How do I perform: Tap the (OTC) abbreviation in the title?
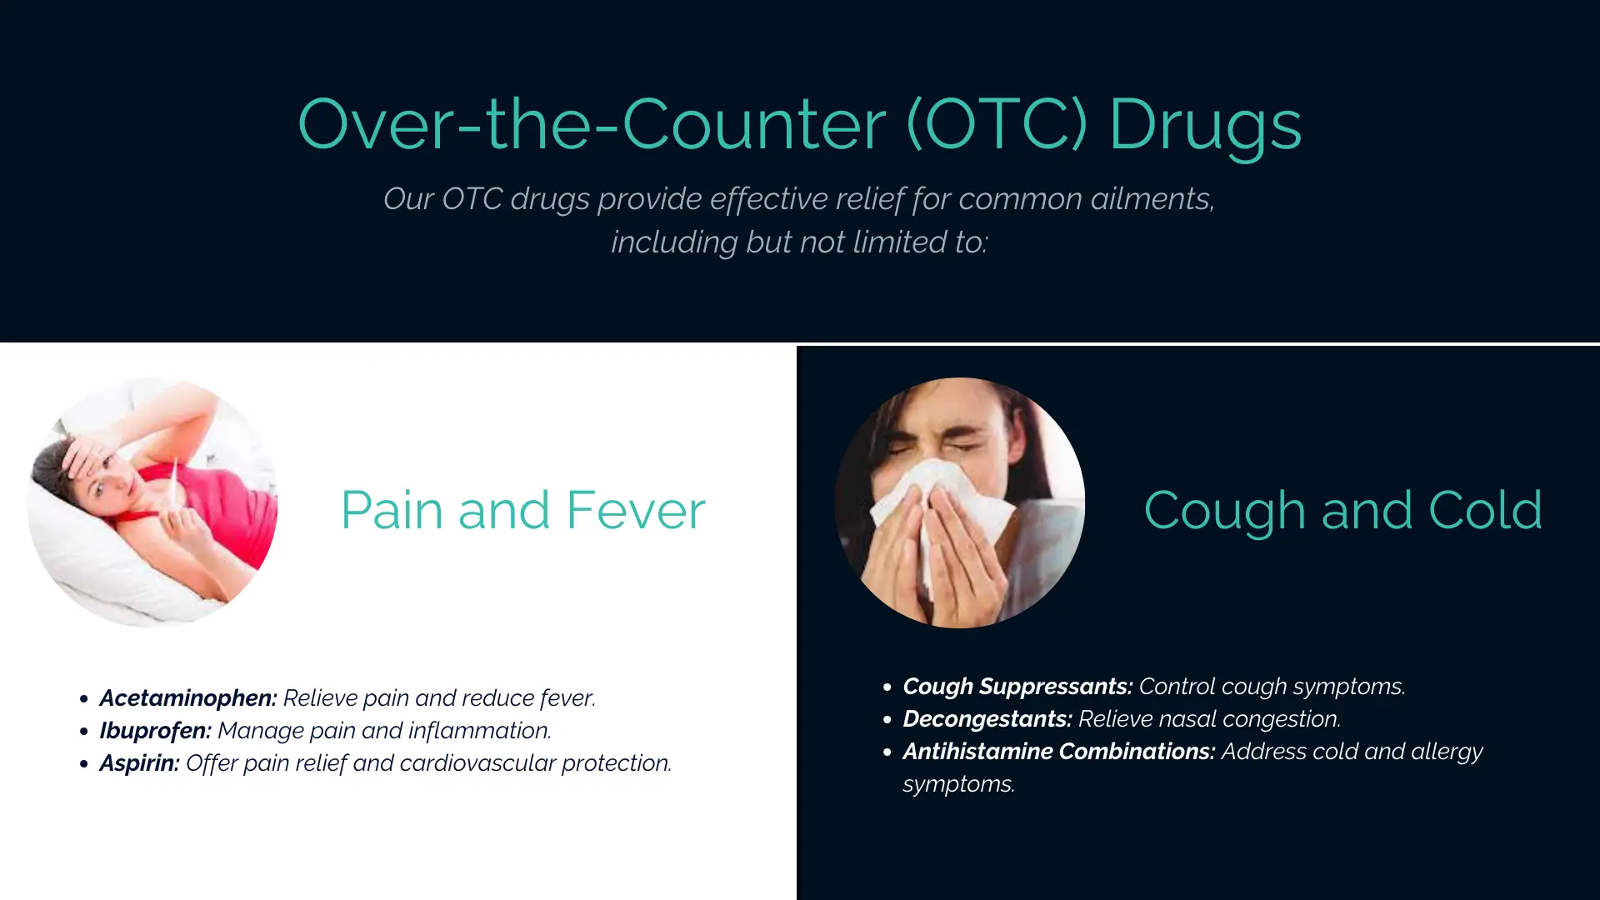tap(997, 123)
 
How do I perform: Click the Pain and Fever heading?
tap(523, 510)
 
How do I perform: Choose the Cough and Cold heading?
tap(1343, 510)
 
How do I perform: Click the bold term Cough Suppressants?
tap(1017, 687)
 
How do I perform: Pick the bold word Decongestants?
tap(987, 719)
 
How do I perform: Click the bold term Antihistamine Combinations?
tap(1059, 752)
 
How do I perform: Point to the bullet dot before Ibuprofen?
tap(83, 732)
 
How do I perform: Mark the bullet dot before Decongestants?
tap(887, 719)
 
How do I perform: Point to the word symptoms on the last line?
tap(958, 785)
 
